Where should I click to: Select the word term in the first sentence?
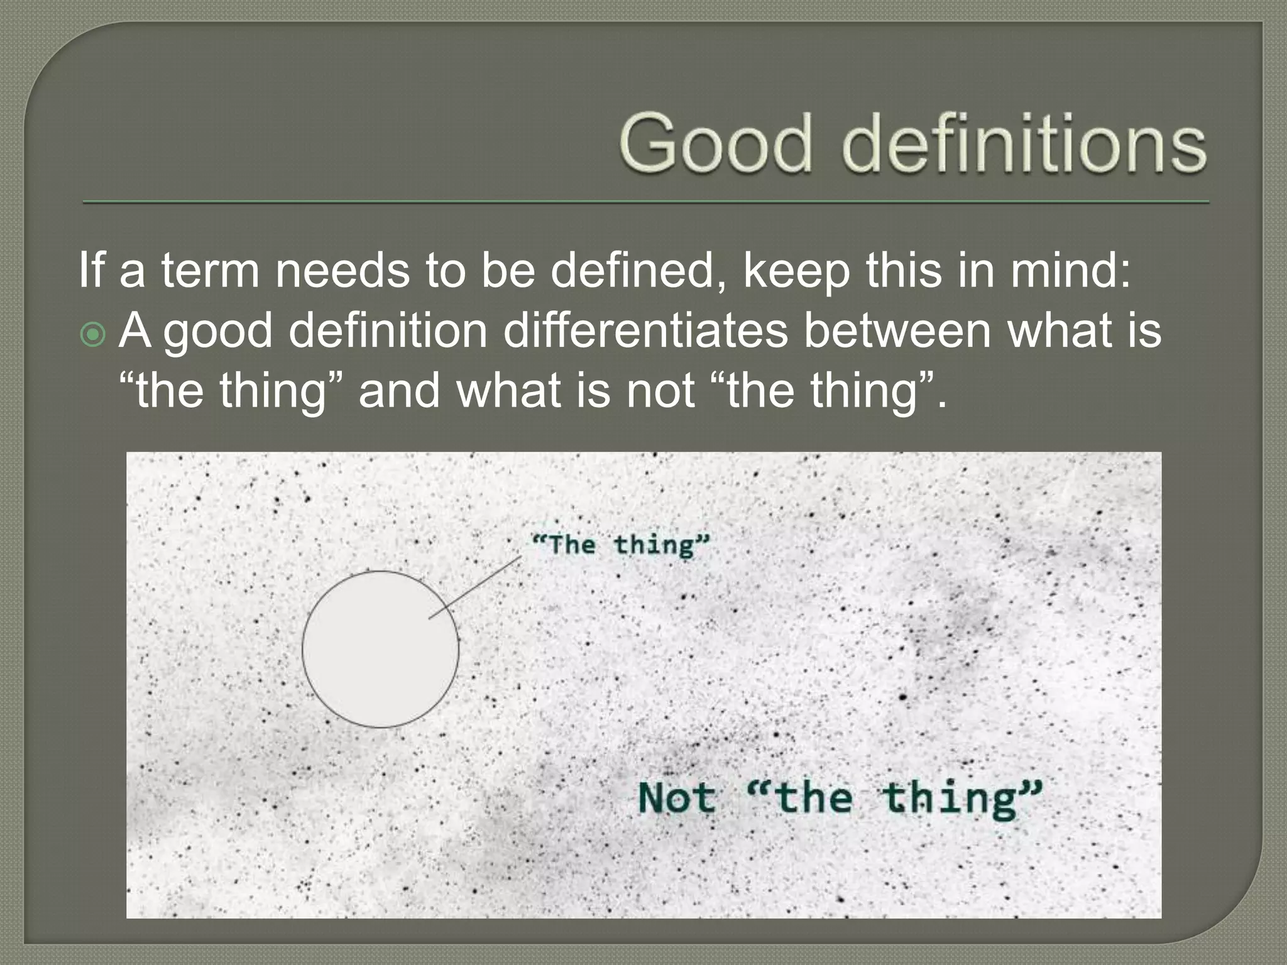pyautogui.click(x=210, y=271)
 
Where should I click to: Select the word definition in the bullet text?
pyautogui.click(x=388, y=330)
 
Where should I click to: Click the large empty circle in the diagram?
pyautogui.click(x=380, y=650)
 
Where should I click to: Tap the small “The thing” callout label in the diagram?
pyautogui.click(x=620, y=544)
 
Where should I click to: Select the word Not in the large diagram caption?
pyautogui.click(x=677, y=799)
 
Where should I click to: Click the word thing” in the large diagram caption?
pyautogui.click(x=961, y=799)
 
